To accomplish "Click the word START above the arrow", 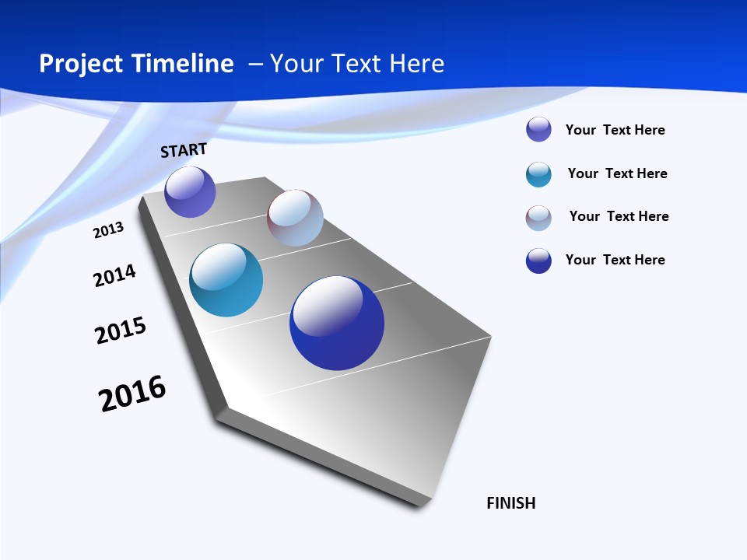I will tap(184, 149).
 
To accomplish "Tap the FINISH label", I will tap(511, 502).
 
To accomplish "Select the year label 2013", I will tap(108, 229).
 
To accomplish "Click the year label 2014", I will tap(114, 275).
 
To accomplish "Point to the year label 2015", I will tap(121, 331).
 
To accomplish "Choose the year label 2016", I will tap(132, 394).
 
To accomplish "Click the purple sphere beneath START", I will tap(190, 191).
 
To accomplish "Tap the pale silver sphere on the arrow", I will tap(295, 218).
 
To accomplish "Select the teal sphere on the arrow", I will tap(226, 280).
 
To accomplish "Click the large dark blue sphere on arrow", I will tap(337, 323).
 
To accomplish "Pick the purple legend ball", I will tap(538, 129).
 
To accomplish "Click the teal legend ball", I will tap(538, 174).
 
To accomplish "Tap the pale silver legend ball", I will tap(538, 218).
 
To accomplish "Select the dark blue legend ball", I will tap(538, 261).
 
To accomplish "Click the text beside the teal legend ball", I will tap(617, 173).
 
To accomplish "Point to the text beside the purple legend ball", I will tap(615, 130).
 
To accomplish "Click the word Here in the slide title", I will tap(417, 64).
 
